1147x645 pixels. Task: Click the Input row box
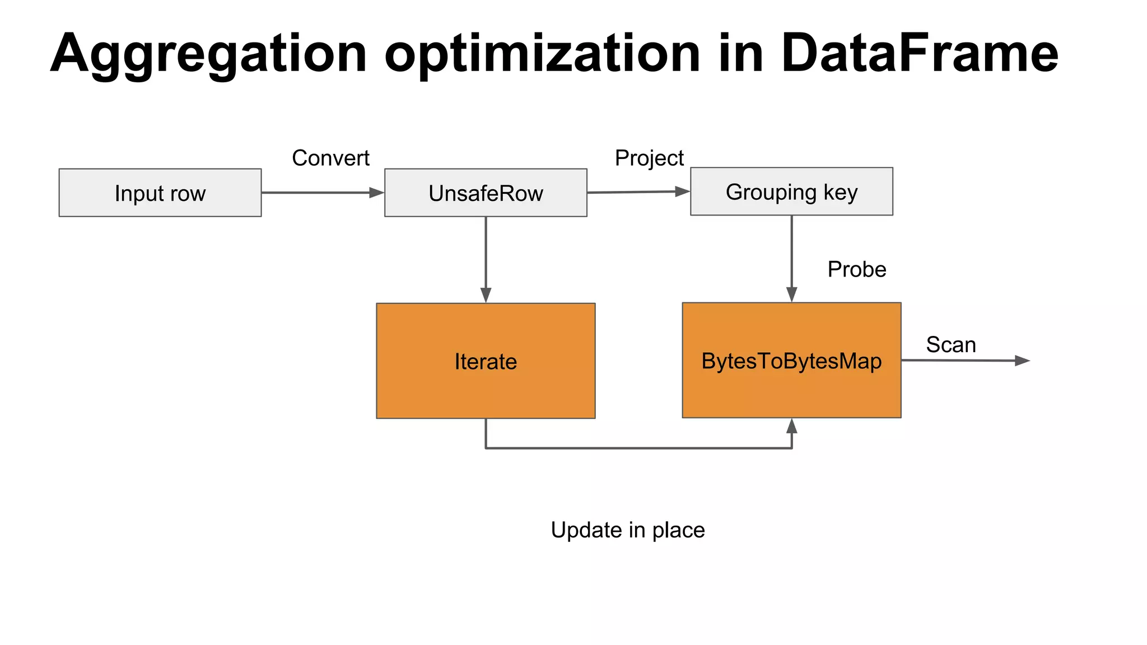pyautogui.click(x=160, y=193)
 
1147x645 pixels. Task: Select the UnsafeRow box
pyautogui.click(x=486, y=193)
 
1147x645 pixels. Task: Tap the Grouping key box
pyautogui.click(x=791, y=191)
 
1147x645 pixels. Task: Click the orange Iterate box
pyautogui.click(x=486, y=361)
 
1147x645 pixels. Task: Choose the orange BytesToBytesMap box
pyautogui.click(x=791, y=361)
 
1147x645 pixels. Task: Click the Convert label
pyautogui.click(x=330, y=158)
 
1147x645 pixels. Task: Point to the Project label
pyautogui.click(x=649, y=158)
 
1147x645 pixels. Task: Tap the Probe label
pyautogui.click(x=856, y=269)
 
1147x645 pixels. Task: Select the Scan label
pyautogui.click(x=950, y=344)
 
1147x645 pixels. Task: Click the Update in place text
pyautogui.click(x=627, y=530)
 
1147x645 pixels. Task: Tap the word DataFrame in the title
pyautogui.click(x=919, y=53)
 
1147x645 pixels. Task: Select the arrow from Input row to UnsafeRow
pyautogui.click(x=319, y=193)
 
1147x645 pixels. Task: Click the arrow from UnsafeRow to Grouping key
pyautogui.click(x=636, y=192)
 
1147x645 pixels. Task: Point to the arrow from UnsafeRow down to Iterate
pyautogui.click(x=486, y=258)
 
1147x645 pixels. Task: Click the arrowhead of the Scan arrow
pyautogui.click(x=1022, y=361)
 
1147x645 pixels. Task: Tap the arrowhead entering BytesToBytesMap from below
pyautogui.click(x=791, y=426)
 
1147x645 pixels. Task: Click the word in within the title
pyautogui.click(x=741, y=53)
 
